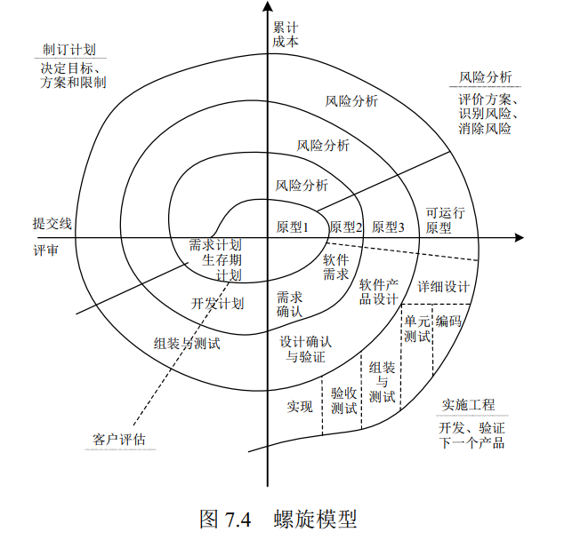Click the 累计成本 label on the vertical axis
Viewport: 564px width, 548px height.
click(x=286, y=33)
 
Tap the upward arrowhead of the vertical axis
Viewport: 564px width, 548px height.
click(x=267, y=7)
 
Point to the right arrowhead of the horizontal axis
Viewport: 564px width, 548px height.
click(x=519, y=237)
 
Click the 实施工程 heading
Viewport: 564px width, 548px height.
click(x=469, y=405)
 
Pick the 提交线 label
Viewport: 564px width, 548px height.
click(x=52, y=223)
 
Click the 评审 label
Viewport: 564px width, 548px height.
click(x=44, y=250)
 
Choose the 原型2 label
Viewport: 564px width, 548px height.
click(x=346, y=226)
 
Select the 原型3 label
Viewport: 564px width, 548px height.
click(x=388, y=226)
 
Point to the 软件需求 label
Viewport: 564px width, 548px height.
click(x=335, y=266)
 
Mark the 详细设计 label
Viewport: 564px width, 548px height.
click(x=443, y=286)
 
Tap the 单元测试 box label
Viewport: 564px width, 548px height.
click(x=417, y=329)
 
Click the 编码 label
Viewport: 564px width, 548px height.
click(x=448, y=322)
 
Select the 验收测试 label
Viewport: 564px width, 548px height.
click(x=343, y=400)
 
